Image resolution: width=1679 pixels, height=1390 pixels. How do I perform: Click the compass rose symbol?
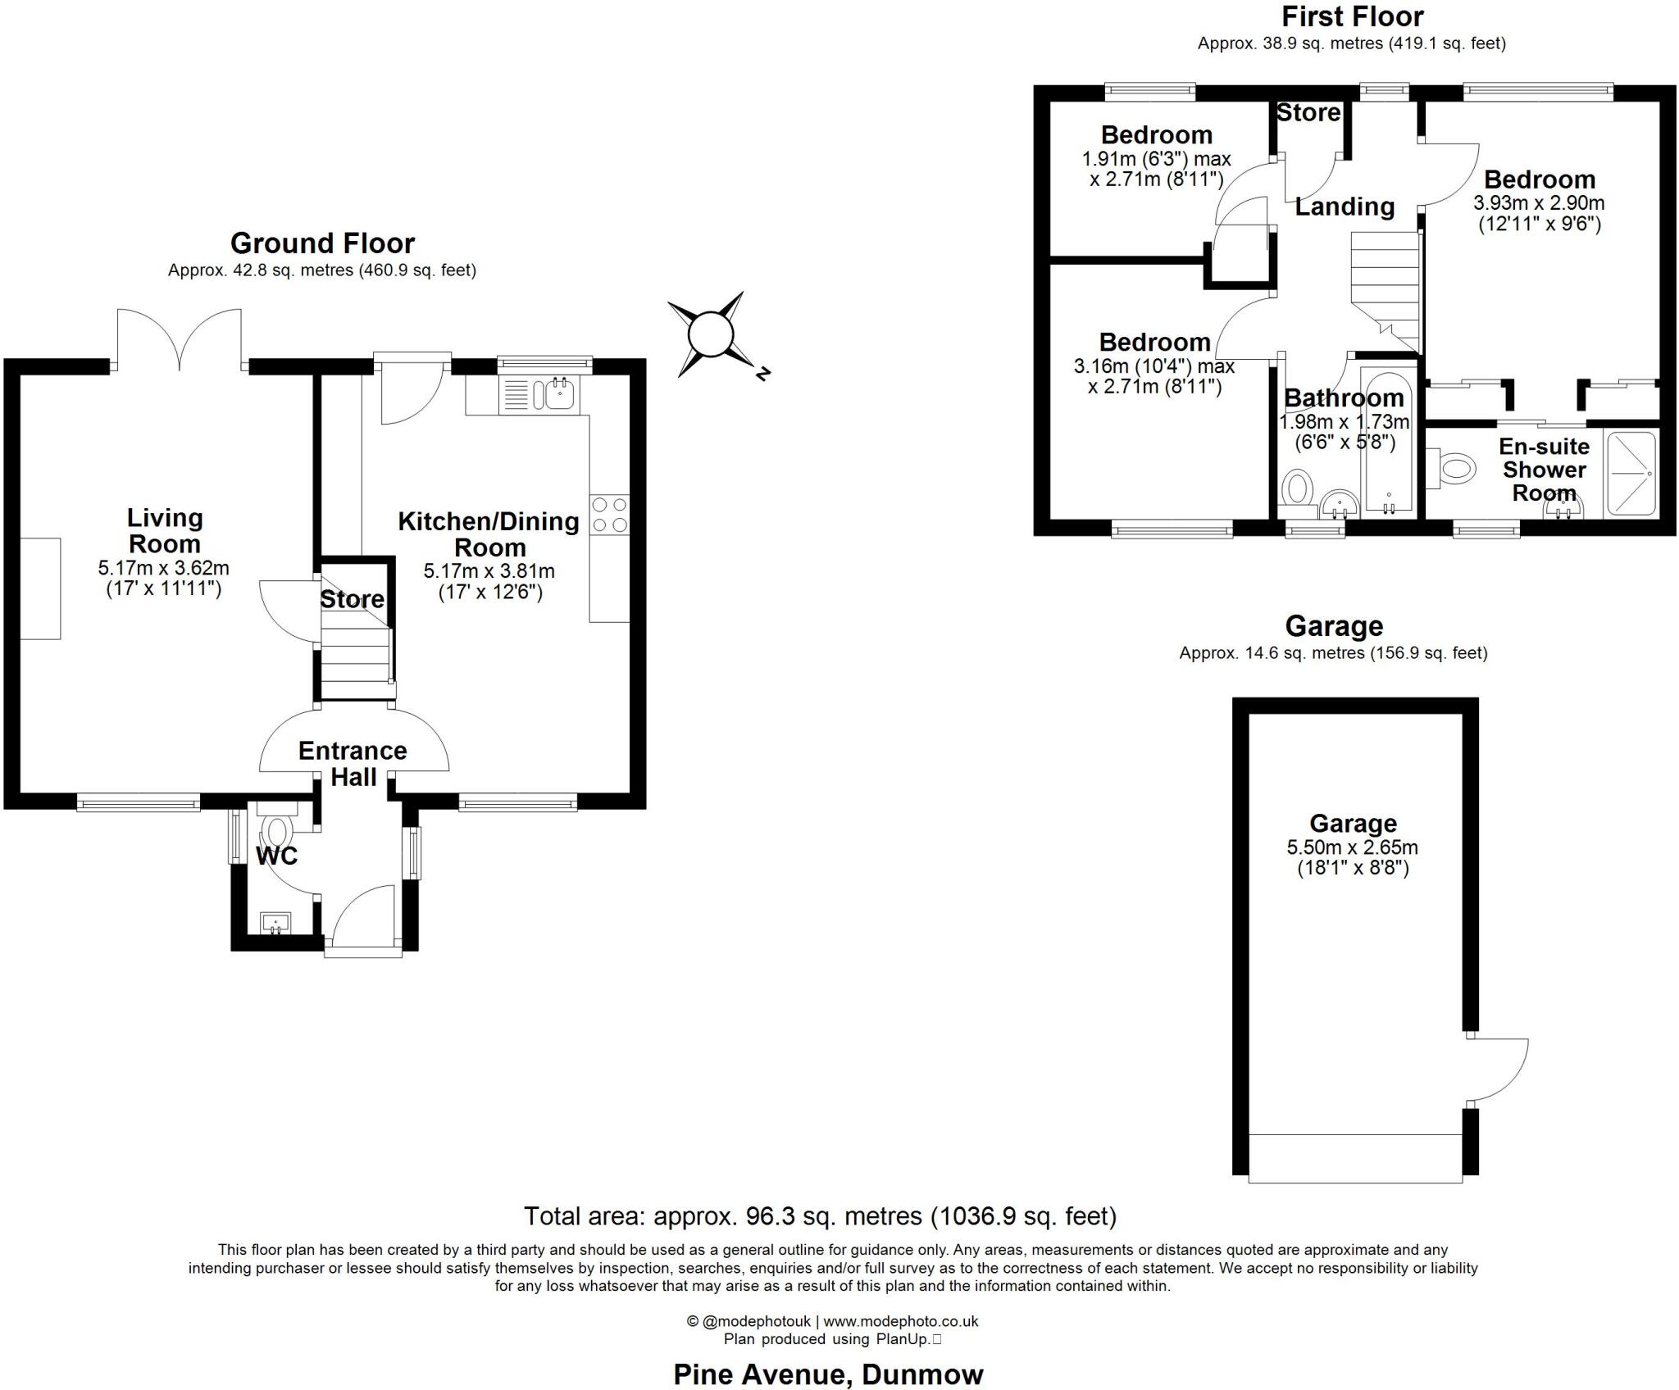[x=710, y=334]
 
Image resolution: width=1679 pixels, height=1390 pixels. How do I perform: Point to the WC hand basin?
[x=275, y=923]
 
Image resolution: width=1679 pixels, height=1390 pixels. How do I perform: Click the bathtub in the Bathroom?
[x=1388, y=443]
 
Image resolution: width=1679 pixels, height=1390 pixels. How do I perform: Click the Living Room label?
[x=165, y=530]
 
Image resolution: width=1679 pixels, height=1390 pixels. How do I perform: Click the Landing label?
[x=1345, y=207]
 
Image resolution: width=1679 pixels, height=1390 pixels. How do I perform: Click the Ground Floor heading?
[x=322, y=243]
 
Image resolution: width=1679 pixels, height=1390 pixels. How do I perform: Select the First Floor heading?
[x=1353, y=16]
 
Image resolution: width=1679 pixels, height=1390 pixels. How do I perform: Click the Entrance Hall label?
[x=353, y=763]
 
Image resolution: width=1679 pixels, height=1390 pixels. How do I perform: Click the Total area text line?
[x=820, y=1215]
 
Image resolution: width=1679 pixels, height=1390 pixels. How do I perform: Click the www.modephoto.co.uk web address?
[x=901, y=1321]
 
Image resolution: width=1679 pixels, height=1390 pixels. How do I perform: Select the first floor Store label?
[x=1308, y=113]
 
